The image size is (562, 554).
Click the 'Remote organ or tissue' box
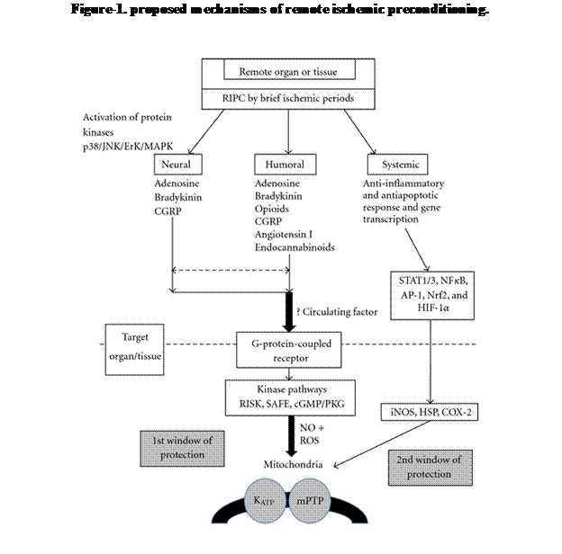[x=289, y=69]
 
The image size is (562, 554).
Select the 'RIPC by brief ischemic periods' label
[x=288, y=98]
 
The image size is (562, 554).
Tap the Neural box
[x=177, y=165]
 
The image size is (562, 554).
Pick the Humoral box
[x=285, y=165]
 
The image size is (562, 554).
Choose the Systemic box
[x=397, y=165]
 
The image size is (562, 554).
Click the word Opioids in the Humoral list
[x=272, y=209]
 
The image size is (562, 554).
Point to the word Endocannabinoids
[x=295, y=247]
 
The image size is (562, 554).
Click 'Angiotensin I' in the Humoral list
[x=284, y=235]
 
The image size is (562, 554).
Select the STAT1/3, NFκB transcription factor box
[x=432, y=295]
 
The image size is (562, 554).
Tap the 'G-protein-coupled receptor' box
[x=288, y=350]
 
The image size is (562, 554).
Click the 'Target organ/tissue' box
[x=134, y=350]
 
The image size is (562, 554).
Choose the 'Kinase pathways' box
[x=290, y=398]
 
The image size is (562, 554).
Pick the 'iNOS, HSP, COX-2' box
[x=429, y=412]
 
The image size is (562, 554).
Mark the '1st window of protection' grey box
[x=182, y=449]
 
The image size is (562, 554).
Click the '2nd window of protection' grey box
[x=431, y=468]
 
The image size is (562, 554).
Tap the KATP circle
[x=265, y=501]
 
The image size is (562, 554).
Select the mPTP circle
[x=309, y=501]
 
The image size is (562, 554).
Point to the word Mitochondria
[x=294, y=465]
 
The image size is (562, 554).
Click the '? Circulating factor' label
[x=337, y=312]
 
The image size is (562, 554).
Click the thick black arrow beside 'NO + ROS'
[x=291, y=436]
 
